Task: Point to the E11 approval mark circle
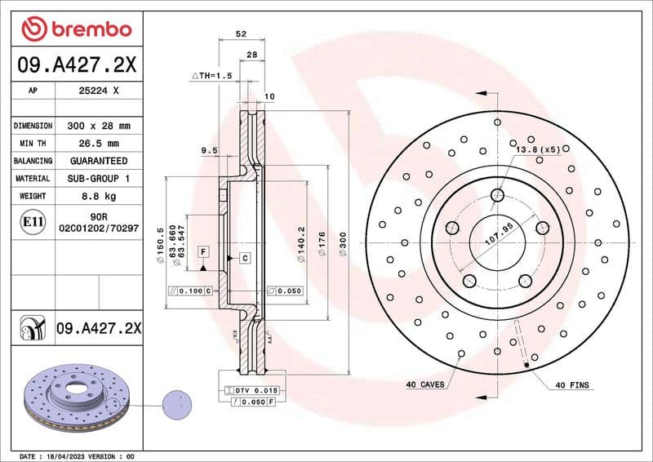point(33,221)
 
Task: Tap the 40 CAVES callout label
point(425,384)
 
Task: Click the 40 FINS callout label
point(572,384)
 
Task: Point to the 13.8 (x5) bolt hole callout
point(536,149)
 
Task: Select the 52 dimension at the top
point(240,34)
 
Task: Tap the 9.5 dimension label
point(209,150)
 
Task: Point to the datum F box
point(203,251)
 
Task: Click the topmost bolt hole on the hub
point(497,194)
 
